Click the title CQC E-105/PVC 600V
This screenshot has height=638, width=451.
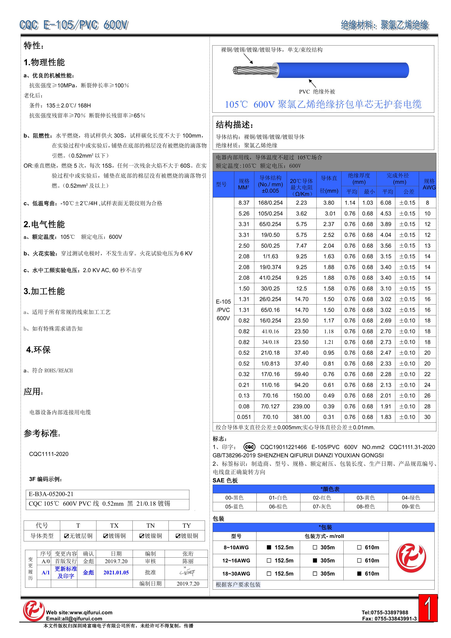[x=74, y=25]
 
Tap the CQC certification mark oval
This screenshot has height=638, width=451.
[x=249, y=447]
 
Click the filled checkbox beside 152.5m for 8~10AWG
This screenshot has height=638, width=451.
[x=269, y=547]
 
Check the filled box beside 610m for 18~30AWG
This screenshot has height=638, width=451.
[x=359, y=574]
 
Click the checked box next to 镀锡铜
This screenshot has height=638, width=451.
[x=106, y=536]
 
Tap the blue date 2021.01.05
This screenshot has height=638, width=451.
[x=116, y=572]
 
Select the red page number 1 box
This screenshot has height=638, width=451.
[x=428, y=608]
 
